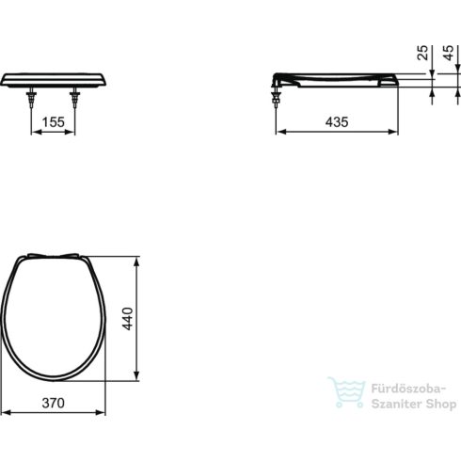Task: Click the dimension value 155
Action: pos(54,121)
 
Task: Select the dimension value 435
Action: pos(338,121)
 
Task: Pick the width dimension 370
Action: pos(53,403)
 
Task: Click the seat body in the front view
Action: pos(54,77)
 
